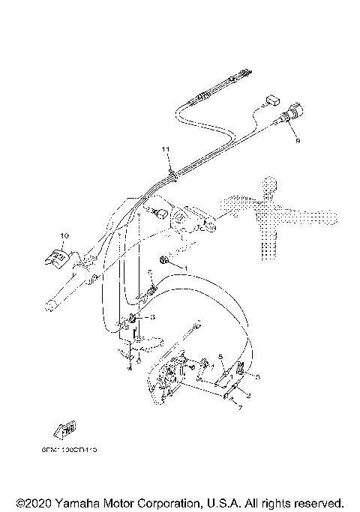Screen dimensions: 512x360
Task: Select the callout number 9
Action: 298,140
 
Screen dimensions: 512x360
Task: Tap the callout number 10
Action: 64,235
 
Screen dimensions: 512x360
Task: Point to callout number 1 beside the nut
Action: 187,268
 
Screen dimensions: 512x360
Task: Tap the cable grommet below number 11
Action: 172,173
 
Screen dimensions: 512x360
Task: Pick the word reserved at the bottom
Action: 316,502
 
